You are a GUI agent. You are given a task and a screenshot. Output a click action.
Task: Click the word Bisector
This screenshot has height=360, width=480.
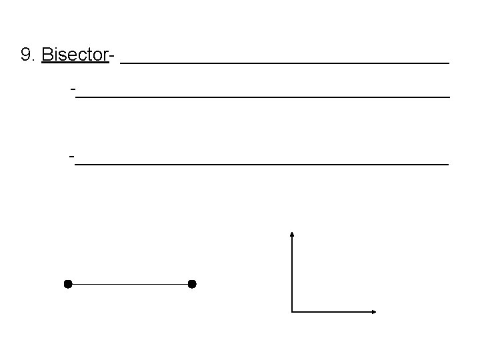[x=75, y=55]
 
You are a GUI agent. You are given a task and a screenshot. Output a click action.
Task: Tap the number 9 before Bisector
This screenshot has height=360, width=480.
[x=27, y=55]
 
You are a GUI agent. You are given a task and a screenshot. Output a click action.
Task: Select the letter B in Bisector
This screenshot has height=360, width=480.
[x=47, y=55]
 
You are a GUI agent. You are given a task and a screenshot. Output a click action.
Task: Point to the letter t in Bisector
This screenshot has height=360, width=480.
[x=87, y=55]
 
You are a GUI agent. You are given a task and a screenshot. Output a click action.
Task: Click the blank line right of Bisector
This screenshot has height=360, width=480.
[x=287, y=62]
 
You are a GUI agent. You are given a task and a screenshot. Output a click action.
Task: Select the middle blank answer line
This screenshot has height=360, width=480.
[x=263, y=97]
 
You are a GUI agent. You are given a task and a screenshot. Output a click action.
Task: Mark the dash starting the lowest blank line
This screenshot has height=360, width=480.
[x=71, y=156]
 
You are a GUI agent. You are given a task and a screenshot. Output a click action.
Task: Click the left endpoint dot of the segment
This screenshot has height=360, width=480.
[x=67, y=285]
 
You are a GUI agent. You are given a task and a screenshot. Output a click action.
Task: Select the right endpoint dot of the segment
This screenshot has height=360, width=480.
[x=192, y=285]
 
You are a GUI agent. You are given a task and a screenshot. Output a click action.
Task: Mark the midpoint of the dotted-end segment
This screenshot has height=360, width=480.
[x=130, y=285]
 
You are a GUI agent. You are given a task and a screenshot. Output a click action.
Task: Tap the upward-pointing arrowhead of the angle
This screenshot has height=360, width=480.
[x=292, y=234]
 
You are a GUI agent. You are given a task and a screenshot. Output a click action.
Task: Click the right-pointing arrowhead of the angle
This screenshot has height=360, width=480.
[x=373, y=311]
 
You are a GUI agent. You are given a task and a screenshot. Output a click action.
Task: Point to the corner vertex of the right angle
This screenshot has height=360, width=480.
[x=292, y=311]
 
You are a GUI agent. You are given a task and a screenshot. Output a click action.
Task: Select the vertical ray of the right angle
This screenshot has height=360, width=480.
[x=292, y=273]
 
